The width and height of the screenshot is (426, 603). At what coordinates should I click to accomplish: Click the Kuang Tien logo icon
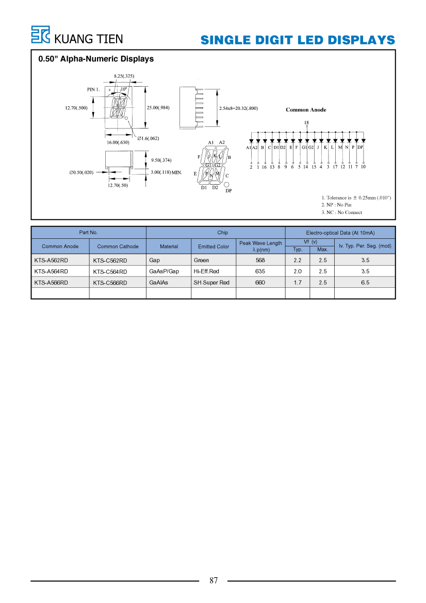point(40,35)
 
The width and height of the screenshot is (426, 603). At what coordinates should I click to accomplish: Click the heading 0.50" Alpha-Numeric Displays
point(96,59)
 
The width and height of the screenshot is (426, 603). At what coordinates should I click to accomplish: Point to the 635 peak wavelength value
point(260,271)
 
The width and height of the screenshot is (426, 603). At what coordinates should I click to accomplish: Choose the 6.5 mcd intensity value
point(365,282)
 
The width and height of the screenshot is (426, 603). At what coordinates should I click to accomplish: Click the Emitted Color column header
point(214,247)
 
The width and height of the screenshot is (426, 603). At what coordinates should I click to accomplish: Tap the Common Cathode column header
point(118,247)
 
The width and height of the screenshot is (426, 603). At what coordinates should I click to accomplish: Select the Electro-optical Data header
point(340,233)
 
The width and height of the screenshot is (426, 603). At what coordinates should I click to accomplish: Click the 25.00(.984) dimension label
point(158,108)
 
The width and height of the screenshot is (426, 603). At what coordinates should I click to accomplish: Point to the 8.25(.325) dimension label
point(124,76)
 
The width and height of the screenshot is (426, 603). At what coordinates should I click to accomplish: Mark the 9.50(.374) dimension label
point(161,160)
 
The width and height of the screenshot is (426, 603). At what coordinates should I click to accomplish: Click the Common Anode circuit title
point(306,109)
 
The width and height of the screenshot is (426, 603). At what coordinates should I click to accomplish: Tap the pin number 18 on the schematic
point(306,123)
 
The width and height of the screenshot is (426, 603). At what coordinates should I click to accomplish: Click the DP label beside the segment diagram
point(229,191)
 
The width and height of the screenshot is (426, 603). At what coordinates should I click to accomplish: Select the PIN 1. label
point(93,90)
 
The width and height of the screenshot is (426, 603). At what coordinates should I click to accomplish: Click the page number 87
point(214,580)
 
